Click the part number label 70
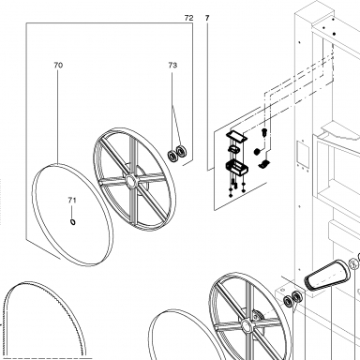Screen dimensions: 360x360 [x=58, y=65]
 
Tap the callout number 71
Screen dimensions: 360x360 [x=72, y=201]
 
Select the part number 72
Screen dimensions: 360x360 [x=188, y=18]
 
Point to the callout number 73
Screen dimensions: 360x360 [x=172, y=65]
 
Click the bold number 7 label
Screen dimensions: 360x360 [x=207, y=18]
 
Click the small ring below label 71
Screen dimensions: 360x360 [x=73, y=222]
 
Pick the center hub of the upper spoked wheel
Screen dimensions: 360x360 [x=130, y=181]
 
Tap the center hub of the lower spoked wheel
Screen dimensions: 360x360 [x=246, y=327]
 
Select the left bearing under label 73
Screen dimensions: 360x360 [x=172, y=156]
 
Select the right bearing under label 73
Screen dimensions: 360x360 [x=180, y=151]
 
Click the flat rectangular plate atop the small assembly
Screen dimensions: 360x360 [x=236, y=136]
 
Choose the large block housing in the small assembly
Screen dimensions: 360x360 [x=236, y=167]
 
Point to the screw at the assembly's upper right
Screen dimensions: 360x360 [x=263, y=132]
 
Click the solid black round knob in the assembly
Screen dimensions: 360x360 [x=257, y=152]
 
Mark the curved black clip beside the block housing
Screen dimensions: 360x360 [x=265, y=163]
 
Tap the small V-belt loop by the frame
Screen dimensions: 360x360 [x=327, y=276]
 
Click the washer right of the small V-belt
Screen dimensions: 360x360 [x=353, y=264]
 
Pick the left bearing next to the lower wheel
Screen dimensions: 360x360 [x=288, y=302]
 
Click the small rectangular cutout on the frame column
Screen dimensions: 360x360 [x=303, y=154]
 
